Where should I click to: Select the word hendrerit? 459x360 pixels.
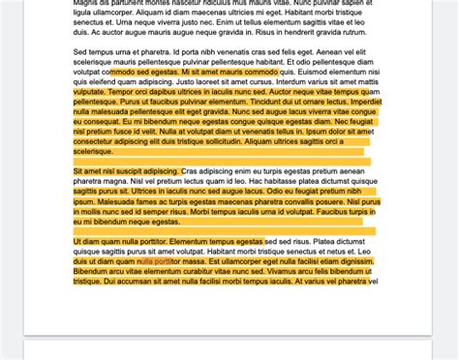click(291, 31)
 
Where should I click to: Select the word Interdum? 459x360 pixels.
click(296, 81)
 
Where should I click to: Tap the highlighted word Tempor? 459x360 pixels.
click(129, 92)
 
